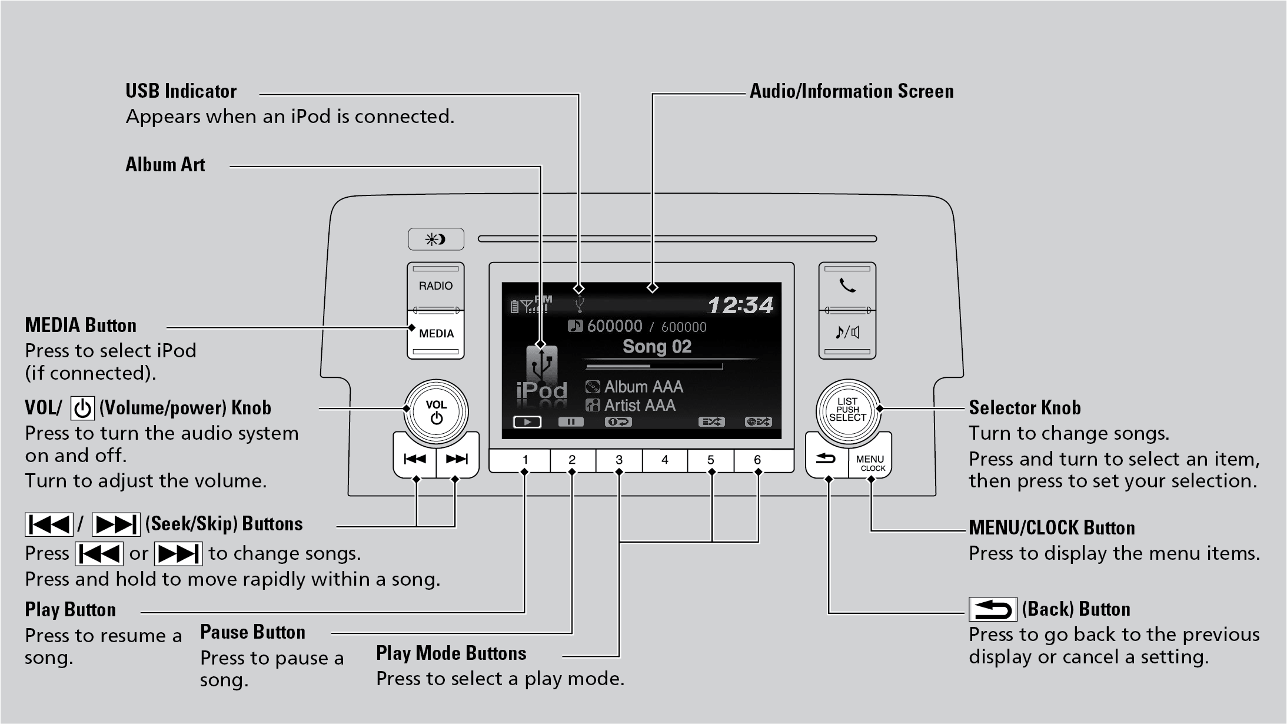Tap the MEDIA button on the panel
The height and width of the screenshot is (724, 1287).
(436, 334)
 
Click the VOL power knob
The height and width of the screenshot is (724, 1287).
(436, 411)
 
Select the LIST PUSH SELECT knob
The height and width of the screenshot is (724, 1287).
(847, 410)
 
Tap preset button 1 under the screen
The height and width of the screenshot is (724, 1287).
(525, 460)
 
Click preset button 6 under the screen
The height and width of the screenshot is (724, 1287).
(757, 460)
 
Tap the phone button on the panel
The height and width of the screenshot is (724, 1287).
(847, 286)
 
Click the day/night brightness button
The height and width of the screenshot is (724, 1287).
(436, 240)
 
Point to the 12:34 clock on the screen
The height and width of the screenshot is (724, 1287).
(740, 305)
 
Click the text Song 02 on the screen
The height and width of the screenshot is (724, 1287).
(657, 347)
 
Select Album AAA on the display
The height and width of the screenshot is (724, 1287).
(643, 387)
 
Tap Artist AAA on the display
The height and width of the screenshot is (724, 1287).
(639, 405)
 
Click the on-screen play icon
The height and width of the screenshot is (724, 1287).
(527, 422)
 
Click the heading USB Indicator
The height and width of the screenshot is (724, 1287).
(181, 91)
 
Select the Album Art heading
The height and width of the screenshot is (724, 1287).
(165, 165)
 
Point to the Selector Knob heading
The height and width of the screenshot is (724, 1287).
(1025, 407)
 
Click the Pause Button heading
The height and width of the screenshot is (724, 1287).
(252, 632)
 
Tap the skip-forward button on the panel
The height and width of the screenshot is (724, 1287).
(457, 459)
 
